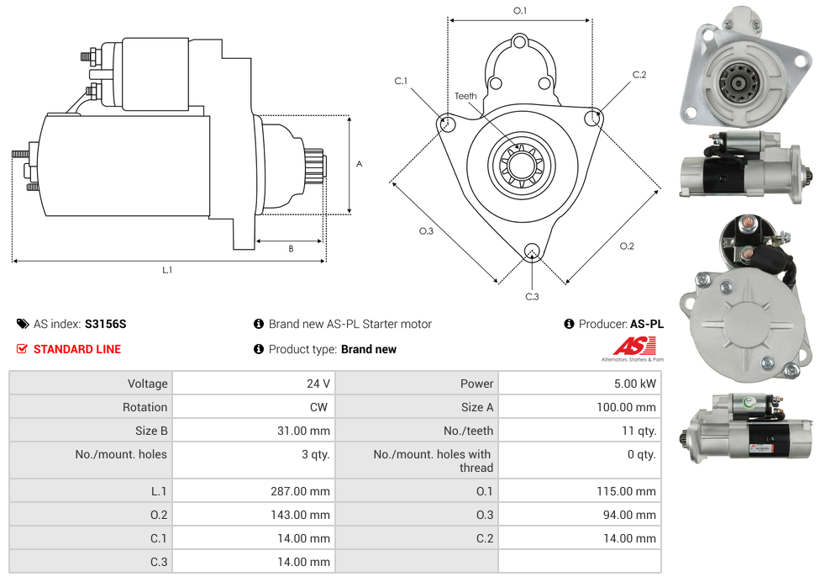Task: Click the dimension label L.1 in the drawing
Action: [167, 270]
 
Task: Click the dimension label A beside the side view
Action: [359, 164]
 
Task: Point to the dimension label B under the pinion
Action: [291, 248]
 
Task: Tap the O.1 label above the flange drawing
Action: [520, 11]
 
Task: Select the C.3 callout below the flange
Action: [531, 296]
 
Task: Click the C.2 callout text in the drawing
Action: [639, 75]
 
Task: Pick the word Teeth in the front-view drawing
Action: [465, 96]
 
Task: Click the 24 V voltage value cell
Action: [318, 384]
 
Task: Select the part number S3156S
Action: [105, 324]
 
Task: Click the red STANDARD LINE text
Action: [76, 349]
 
